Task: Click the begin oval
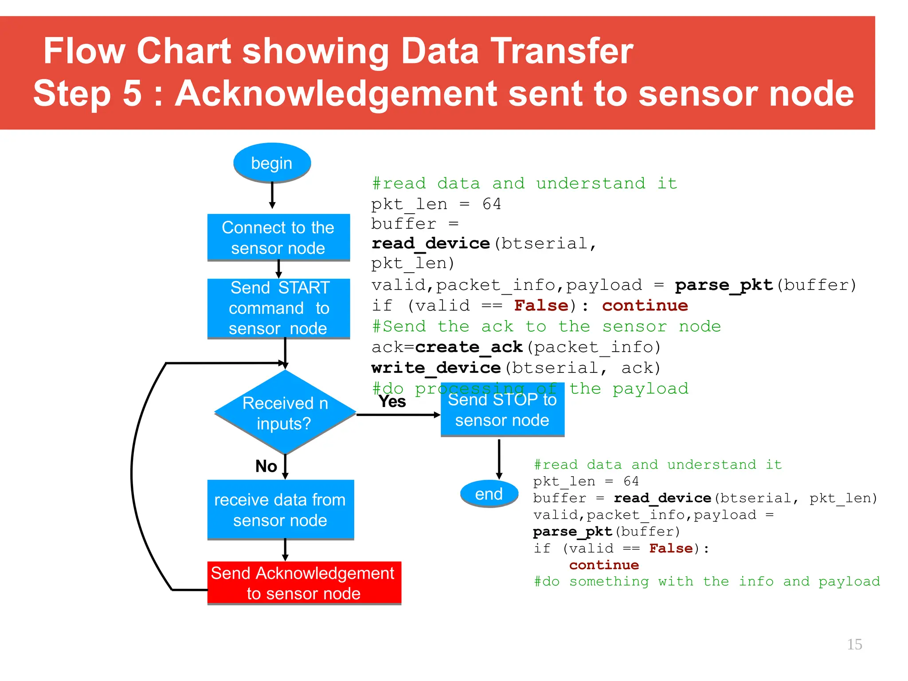tap(272, 163)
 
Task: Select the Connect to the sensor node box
tap(278, 238)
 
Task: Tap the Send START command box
tap(278, 309)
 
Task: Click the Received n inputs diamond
tap(285, 413)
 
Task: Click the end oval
tap(489, 493)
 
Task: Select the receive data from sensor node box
tap(280, 509)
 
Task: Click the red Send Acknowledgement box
tap(304, 583)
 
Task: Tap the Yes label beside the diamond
tap(392, 402)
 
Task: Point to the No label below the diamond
tap(266, 466)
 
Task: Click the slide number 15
tap(854, 644)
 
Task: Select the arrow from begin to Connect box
tap(272, 195)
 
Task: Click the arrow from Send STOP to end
tap(499, 459)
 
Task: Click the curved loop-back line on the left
tap(133, 474)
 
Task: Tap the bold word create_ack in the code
tap(469, 347)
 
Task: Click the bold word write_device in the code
tap(436, 368)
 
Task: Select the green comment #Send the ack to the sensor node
tap(546, 327)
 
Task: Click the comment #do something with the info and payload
tap(707, 581)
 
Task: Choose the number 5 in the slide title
tap(132, 94)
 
